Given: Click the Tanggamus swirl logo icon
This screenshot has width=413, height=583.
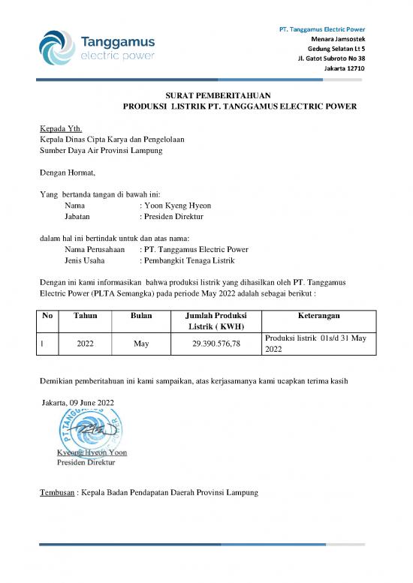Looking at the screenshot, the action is (56, 46).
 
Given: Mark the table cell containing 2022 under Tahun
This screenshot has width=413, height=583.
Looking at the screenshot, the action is (86, 344).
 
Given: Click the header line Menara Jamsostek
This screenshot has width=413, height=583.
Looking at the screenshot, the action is (338, 38).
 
